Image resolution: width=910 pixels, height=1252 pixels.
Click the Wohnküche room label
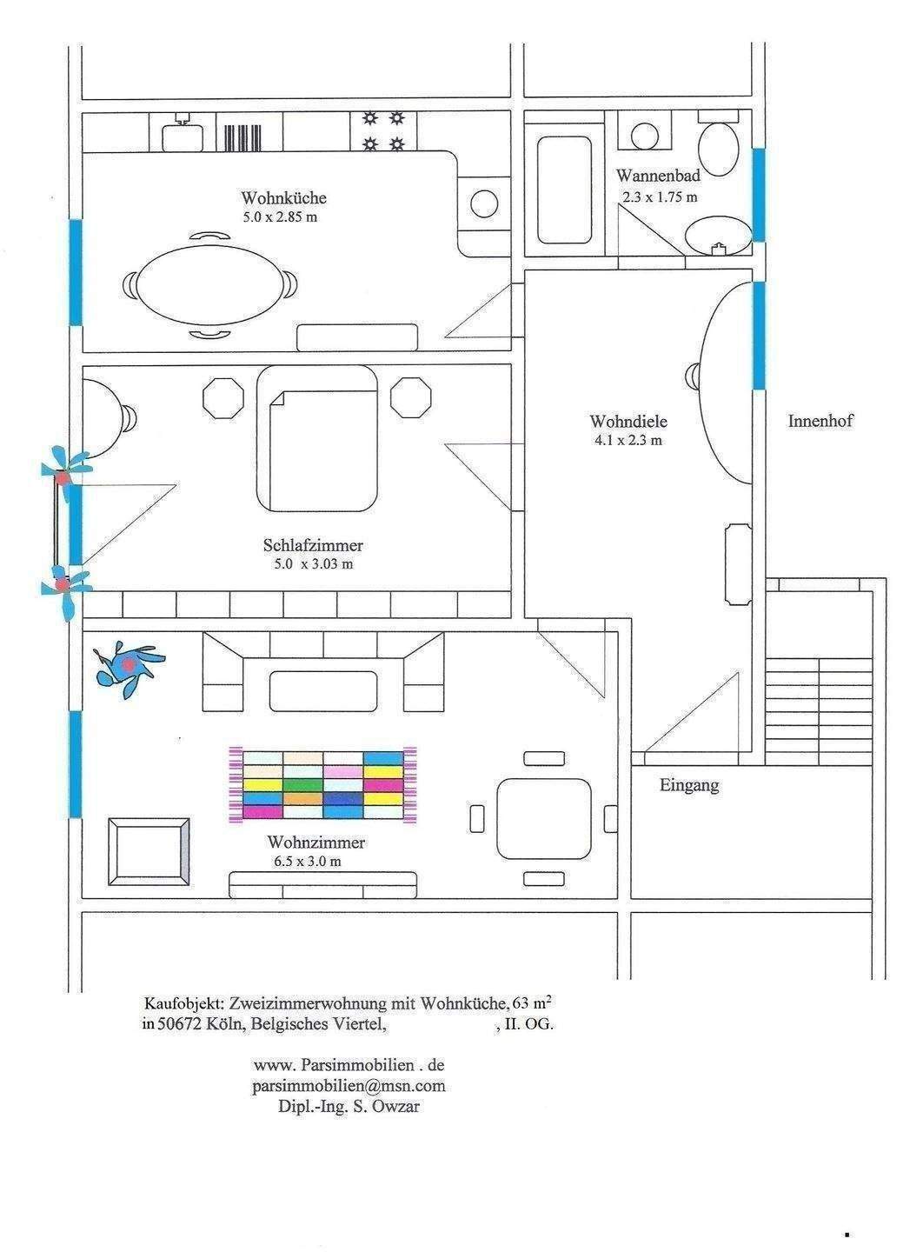click(284, 197)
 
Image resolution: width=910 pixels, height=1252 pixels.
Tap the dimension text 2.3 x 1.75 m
click(660, 196)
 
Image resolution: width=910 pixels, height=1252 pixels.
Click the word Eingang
click(688, 785)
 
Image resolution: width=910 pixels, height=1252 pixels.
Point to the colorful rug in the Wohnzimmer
click(322, 785)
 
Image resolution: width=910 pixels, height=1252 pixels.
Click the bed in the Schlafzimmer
click(316, 439)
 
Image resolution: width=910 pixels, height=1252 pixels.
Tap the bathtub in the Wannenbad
click(564, 190)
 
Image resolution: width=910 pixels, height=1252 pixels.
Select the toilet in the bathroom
click(720, 143)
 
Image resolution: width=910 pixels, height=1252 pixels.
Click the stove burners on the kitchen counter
click(383, 131)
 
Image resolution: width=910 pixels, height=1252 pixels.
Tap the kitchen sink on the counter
click(183, 135)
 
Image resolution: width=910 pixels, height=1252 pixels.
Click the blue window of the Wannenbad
click(758, 195)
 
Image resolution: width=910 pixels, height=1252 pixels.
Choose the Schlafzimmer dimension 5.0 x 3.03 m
click(314, 564)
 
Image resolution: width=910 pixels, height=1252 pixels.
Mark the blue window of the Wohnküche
click(76, 272)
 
